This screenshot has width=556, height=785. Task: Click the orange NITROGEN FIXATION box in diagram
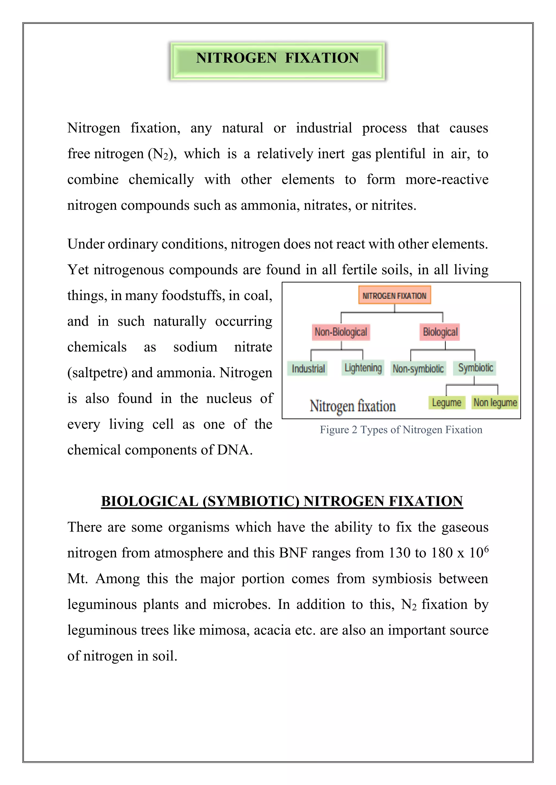pyautogui.click(x=394, y=295)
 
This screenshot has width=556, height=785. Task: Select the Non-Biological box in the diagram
pyautogui.click(x=341, y=332)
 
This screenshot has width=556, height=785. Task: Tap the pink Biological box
pyautogui.click(x=440, y=332)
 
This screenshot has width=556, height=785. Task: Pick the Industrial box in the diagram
pyautogui.click(x=308, y=369)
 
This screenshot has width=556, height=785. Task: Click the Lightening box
pyautogui.click(x=363, y=368)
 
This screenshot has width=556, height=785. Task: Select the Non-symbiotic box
pyautogui.click(x=418, y=369)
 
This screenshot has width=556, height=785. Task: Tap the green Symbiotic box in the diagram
pyautogui.click(x=475, y=368)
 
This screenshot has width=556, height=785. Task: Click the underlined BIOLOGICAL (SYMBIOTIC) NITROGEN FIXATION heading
pyautogui.click(x=282, y=501)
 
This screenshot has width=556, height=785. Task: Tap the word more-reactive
pyautogui.click(x=447, y=179)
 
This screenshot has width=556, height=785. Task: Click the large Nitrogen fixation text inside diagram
pyautogui.click(x=353, y=406)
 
